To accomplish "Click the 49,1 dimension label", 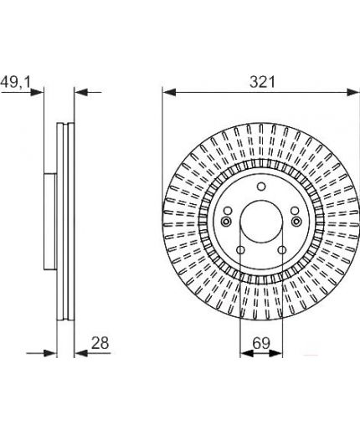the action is pos(16,82).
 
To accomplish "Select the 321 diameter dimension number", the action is pos(262,82).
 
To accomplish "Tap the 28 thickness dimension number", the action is pos(100,343).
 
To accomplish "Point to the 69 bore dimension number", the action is pos(261,343).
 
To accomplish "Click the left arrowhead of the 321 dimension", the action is pos(169,92).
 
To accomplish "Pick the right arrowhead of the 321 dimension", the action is pos(352,92).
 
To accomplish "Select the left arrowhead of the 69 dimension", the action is pos(247,353).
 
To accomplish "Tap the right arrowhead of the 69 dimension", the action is pos(275,353).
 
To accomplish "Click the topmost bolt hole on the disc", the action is pos(261,187).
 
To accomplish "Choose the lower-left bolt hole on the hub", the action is pos(240,250).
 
